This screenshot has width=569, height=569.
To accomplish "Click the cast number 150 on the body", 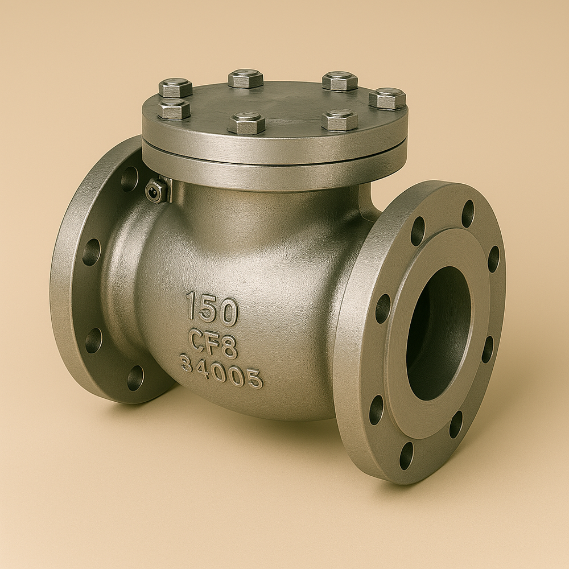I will tap(212, 309).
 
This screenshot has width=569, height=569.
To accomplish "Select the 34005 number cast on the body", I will tap(221, 371).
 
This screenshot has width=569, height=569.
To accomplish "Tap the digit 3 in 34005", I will tap(186, 362).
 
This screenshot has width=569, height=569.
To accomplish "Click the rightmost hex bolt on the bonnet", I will tap(387, 98).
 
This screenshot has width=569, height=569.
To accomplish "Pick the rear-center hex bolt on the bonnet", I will tap(246, 78).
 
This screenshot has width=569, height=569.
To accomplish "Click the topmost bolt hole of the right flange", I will tap(468, 213).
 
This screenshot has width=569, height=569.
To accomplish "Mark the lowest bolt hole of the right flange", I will tap(406, 455).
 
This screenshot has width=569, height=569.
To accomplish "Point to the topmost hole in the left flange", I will tap(129, 179).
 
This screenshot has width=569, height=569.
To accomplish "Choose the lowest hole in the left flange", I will tap(135, 377).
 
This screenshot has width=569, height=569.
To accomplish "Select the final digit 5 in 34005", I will tap(255, 378).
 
